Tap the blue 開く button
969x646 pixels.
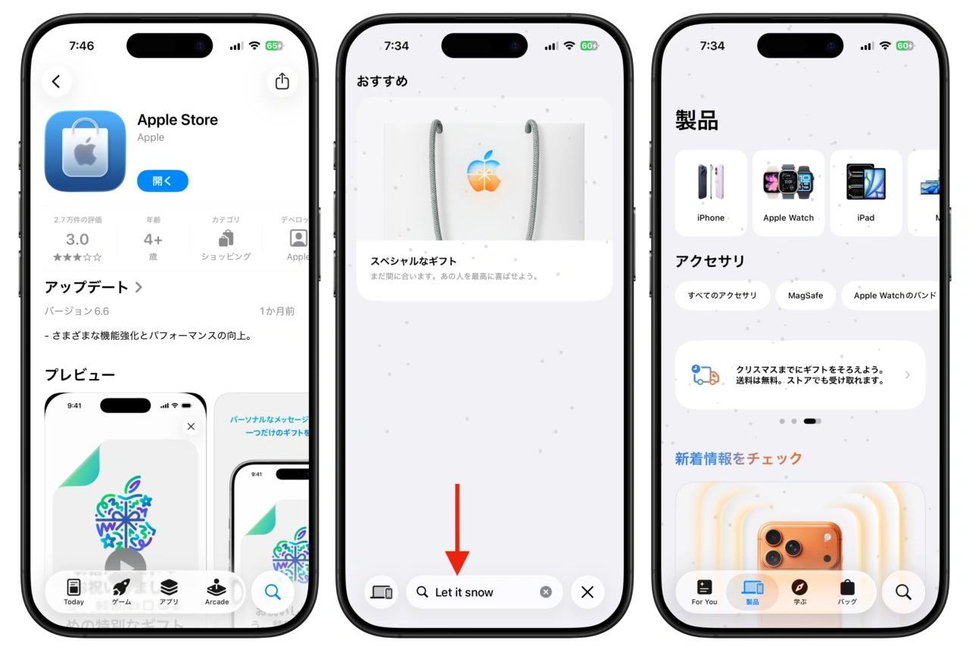tap(163, 181)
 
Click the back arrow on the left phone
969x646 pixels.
tap(56, 81)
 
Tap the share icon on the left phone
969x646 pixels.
tap(282, 81)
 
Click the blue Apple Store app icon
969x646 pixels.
tap(85, 151)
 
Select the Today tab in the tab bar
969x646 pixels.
tap(74, 592)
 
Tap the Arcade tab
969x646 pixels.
tap(217, 592)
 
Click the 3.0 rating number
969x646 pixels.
tap(77, 240)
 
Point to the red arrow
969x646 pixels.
tap(457, 530)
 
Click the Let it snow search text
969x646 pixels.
tap(464, 592)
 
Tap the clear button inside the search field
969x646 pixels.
tap(546, 592)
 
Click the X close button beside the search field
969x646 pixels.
tap(587, 592)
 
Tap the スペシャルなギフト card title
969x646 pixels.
tap(413, 261)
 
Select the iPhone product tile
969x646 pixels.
tap(711, 192)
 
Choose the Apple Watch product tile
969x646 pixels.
tap(788, 192)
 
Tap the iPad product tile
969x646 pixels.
tap(866, 192)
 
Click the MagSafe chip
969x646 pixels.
tap(805, 295)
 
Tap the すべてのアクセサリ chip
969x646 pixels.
tap(722, 295)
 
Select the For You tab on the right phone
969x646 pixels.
tap(704, 592)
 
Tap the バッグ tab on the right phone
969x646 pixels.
tap(847, 592)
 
